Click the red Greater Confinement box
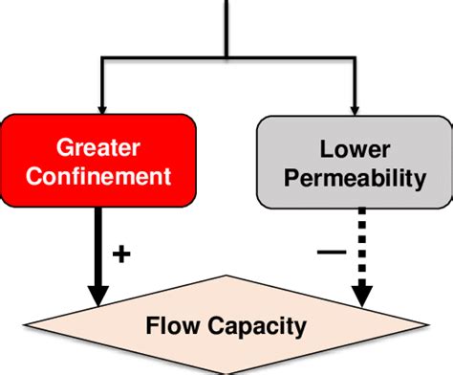click(100, 163)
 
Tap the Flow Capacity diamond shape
click(226, 326)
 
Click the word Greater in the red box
click(100, 149)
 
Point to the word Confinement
click(100, 177)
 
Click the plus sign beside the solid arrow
click(121, 254)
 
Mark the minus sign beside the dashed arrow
click(331, 254)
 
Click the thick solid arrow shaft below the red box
click(99, 244)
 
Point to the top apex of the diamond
click(226, 276)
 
